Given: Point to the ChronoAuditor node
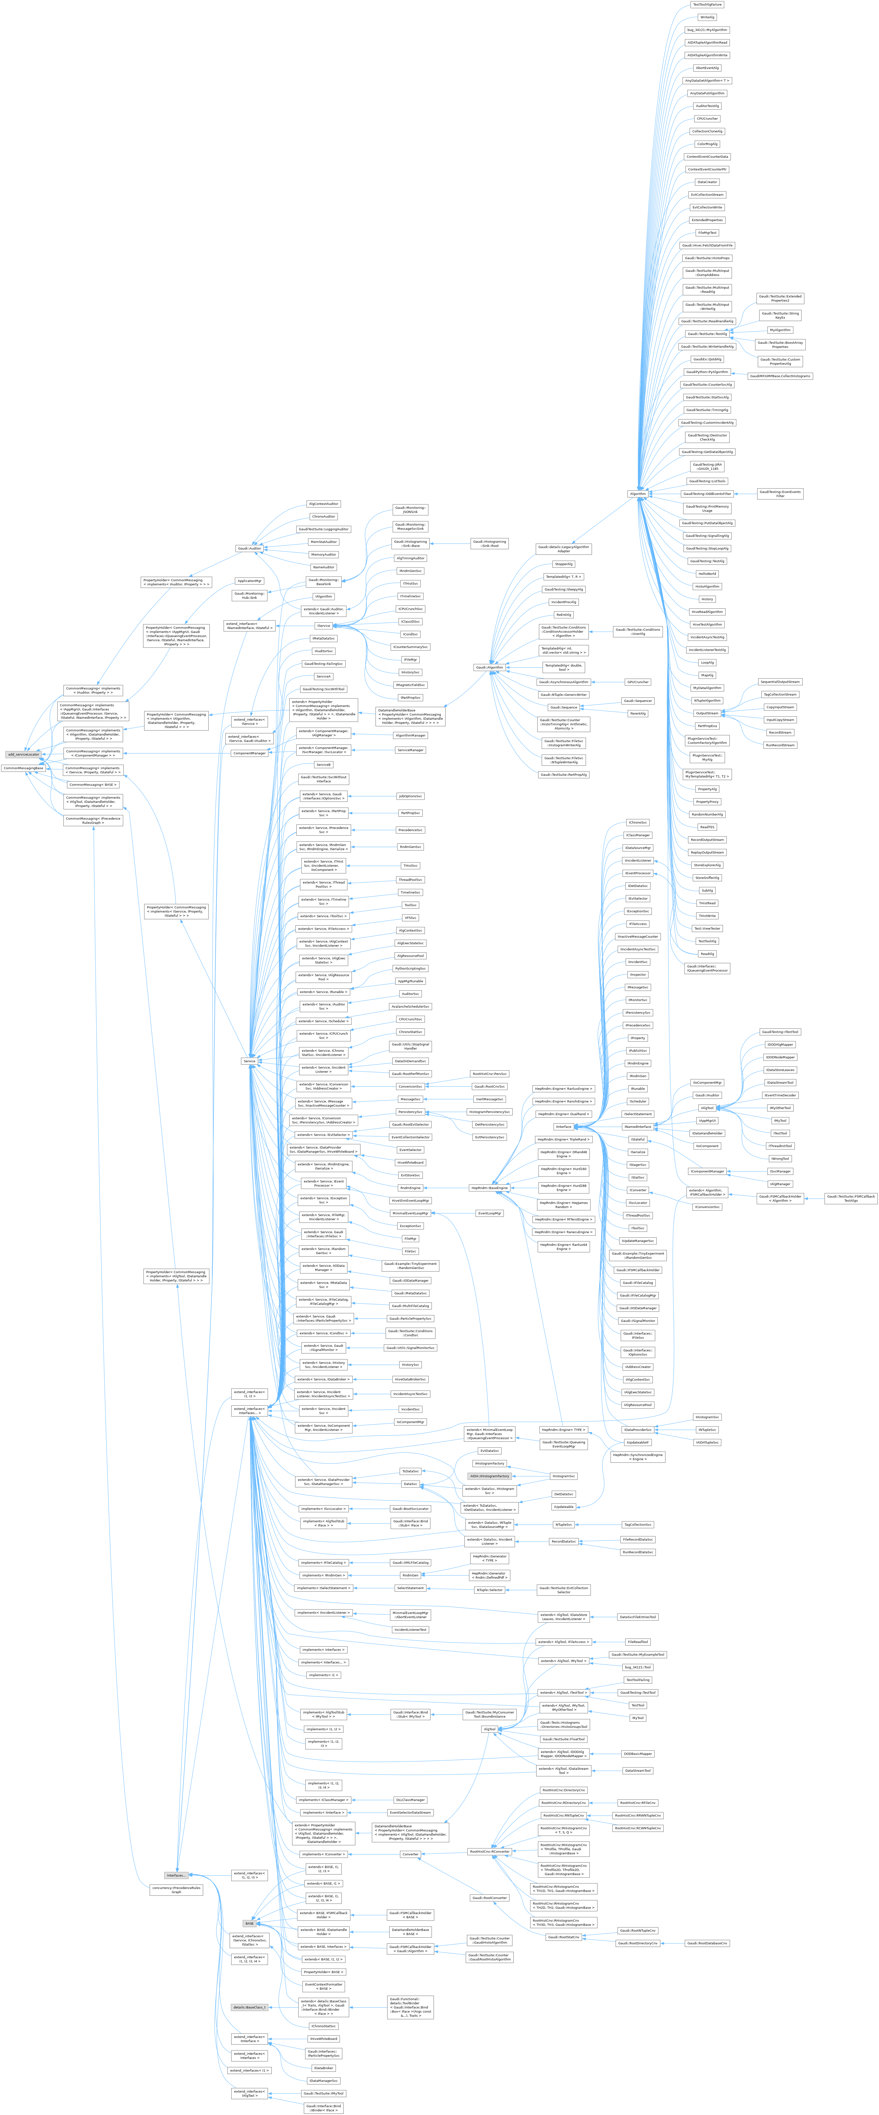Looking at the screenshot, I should [x=323, y=516].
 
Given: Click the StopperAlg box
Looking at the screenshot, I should [x=564, y=564].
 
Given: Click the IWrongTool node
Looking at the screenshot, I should [x=780, y=1159].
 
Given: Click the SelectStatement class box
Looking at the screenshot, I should [x=410, y=1588].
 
